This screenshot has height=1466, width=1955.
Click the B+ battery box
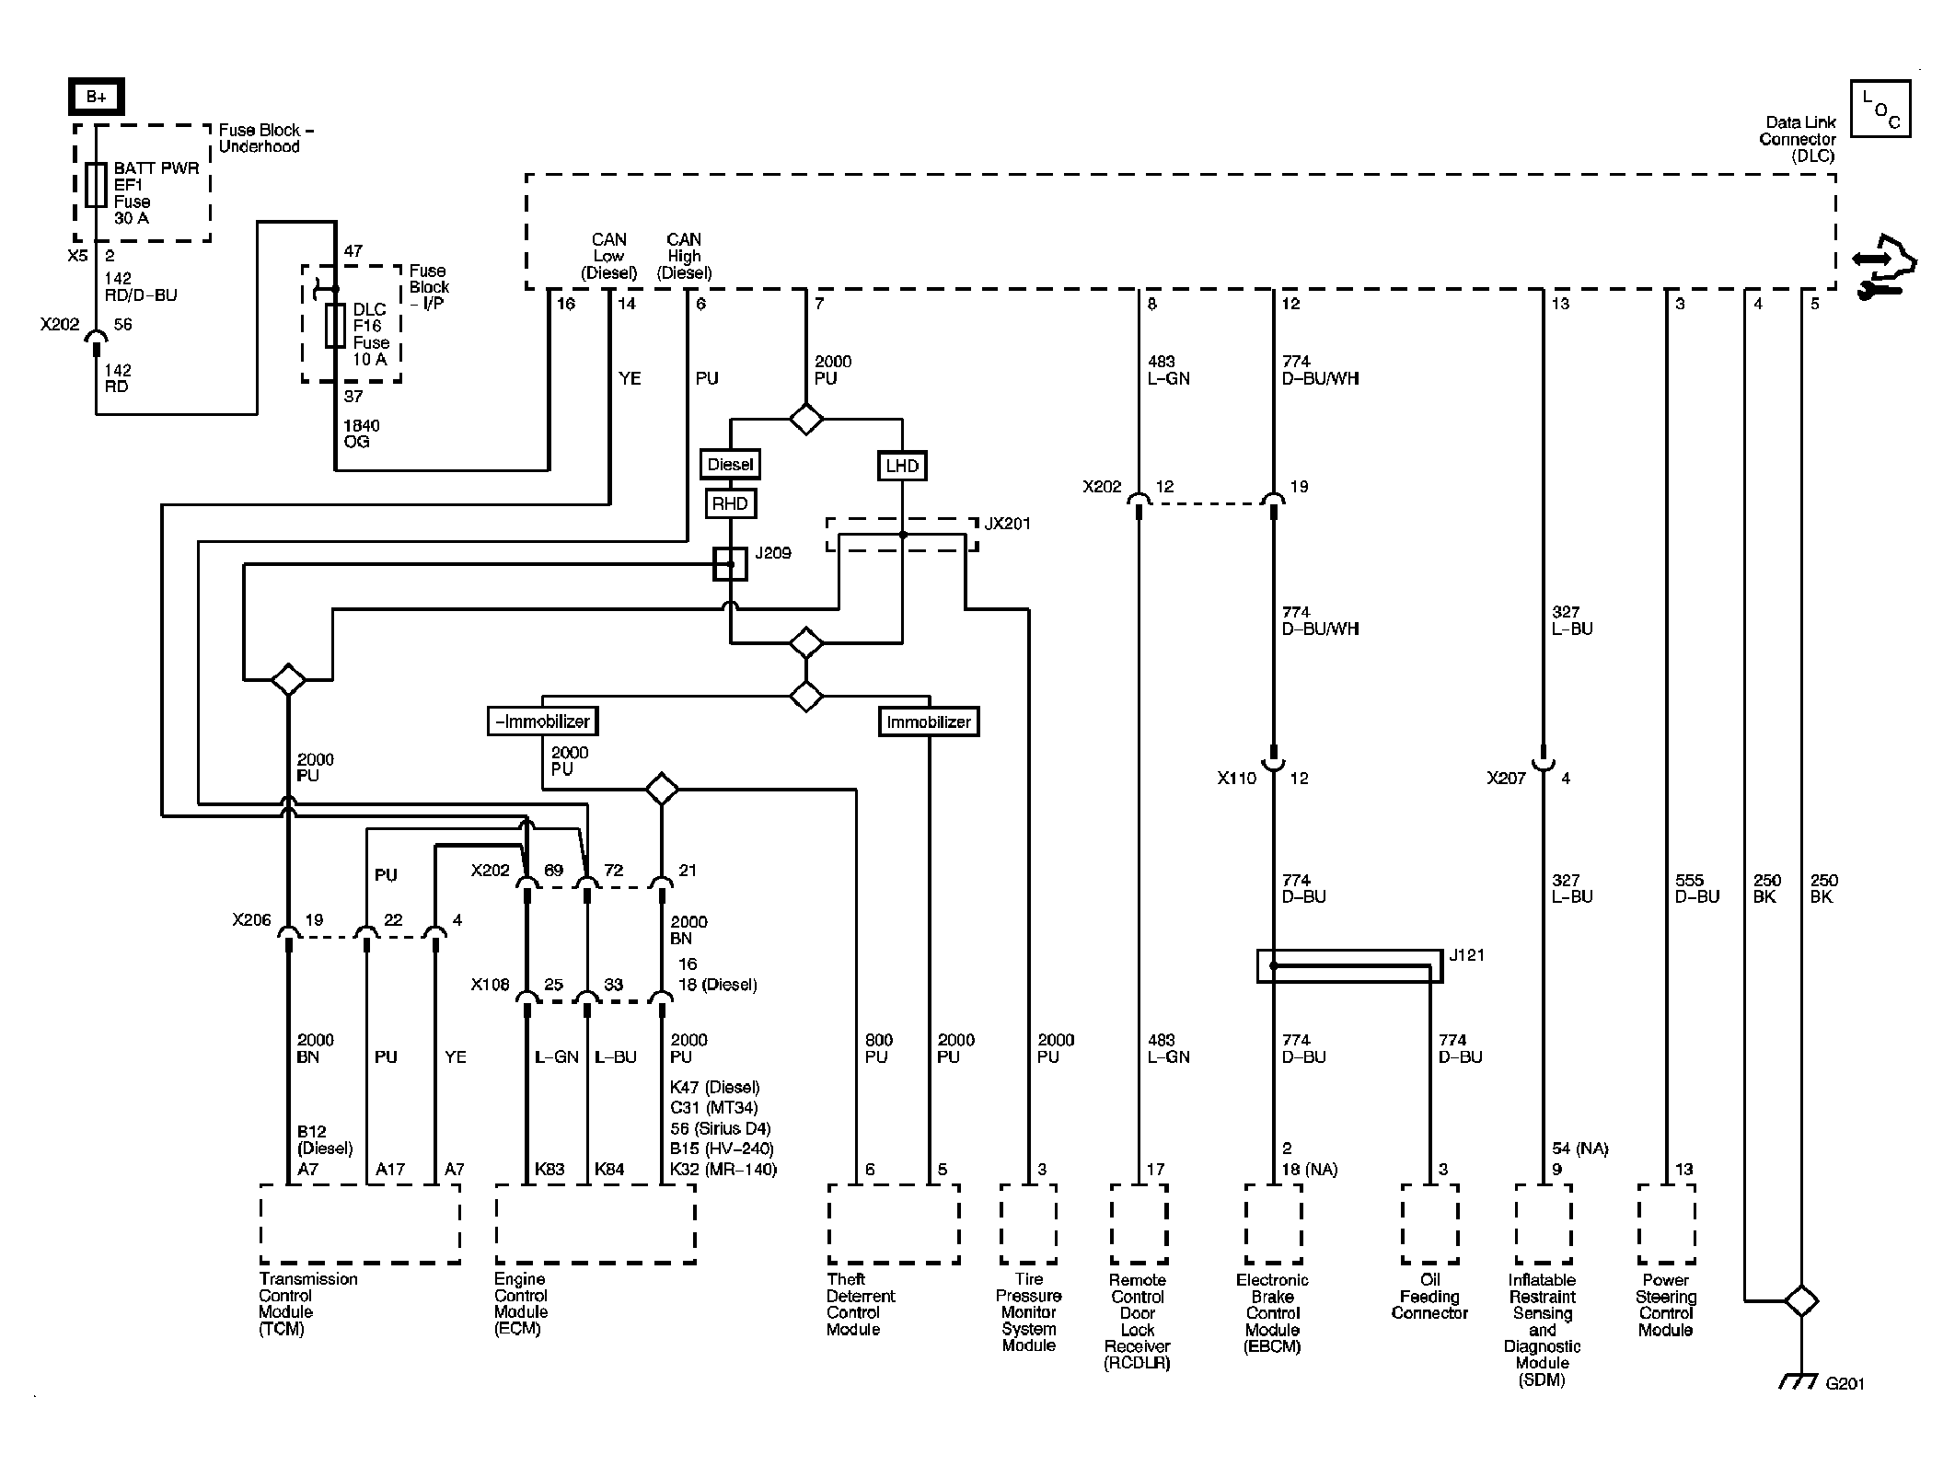[96, 97]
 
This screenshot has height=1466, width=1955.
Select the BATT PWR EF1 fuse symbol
[96, 185]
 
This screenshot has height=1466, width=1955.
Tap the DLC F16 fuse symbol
[335, 325]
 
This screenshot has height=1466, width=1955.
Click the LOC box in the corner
[1880, 109]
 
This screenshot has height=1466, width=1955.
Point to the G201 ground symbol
[1799, 1382]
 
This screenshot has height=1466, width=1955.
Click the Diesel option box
[730, 465]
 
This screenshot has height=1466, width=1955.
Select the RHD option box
[730, 504]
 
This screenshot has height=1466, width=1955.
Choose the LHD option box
[902, 466]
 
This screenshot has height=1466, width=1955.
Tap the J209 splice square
[731, 564]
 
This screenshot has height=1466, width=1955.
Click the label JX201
[1008, 524]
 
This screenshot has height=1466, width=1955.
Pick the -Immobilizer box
[543, 721]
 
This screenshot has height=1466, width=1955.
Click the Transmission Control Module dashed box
[360, 1223]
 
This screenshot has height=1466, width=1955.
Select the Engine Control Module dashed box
[596, 1223]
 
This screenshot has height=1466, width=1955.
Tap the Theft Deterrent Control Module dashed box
[894, 1223]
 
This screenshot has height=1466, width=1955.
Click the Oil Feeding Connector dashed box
[1429, 1223]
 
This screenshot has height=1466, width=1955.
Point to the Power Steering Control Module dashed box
[1666, 1223]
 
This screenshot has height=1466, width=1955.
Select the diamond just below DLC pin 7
[806, 419]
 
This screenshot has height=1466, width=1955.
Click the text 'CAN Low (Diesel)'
[608, 256]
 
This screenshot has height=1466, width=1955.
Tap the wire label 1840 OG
[361, 433]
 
